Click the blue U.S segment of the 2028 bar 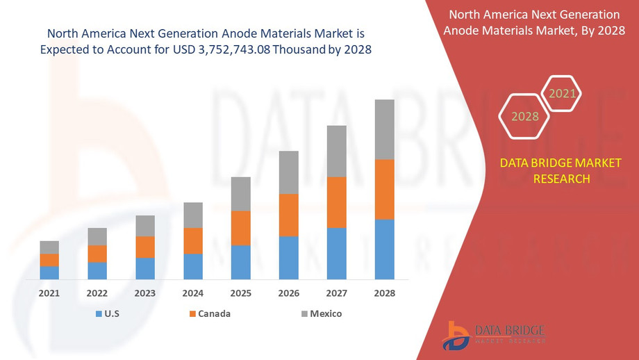point(385,249)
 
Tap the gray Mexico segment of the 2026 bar point(289,172)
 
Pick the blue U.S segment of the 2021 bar point(49,272)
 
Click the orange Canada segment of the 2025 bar point(241,228)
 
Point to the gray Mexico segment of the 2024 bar point(193,215)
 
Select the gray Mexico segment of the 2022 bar point(97,236)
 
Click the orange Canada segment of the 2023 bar point(145,247)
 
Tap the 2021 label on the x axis point(49,293)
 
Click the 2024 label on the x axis point(193,293)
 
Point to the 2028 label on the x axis point(385,293)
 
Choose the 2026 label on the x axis point(289,293)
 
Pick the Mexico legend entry point(320,314)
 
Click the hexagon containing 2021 point(562,93)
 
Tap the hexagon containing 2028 point(525,116)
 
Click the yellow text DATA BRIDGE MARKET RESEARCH point(561,171)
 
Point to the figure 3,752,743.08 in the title point(229,49)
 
